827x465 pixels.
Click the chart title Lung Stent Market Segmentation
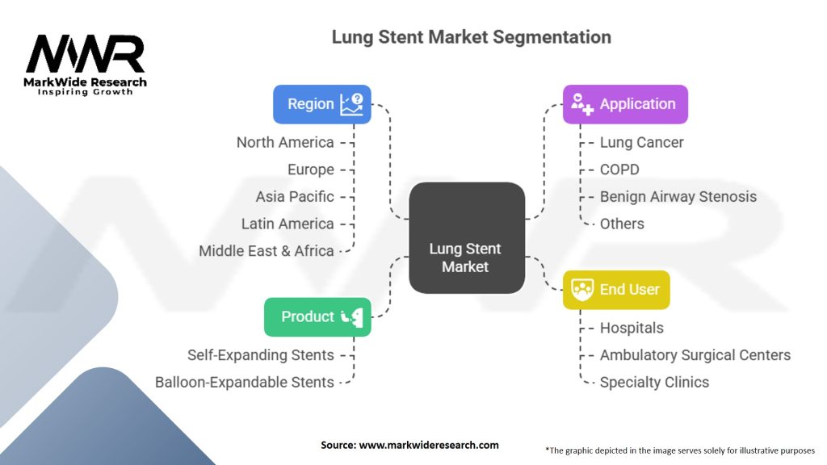471,37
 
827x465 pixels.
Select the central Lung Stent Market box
466,237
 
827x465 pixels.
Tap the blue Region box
321,104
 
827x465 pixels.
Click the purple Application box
625,104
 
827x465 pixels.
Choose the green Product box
317,316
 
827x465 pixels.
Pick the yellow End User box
615,290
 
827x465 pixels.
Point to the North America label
285,142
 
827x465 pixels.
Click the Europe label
310,170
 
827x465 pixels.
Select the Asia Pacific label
294,196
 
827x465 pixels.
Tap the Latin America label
288,224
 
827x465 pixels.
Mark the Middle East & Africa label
267,250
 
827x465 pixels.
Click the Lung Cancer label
641,142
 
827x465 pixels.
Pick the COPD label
619,170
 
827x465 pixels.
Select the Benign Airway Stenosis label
678,196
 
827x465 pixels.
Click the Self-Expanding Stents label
260,354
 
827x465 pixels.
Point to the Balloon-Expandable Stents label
244,382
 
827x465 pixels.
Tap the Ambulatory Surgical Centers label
695,354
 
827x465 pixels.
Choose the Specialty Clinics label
654,382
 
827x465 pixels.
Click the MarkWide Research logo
85,65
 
